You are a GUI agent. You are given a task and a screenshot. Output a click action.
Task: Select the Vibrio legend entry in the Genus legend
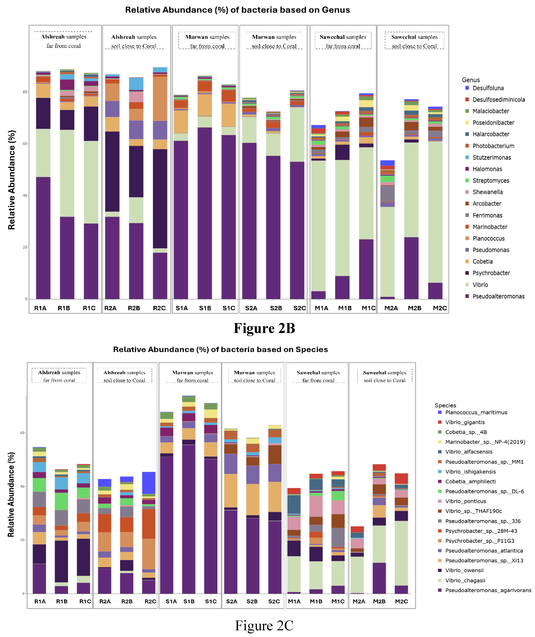(480, 285)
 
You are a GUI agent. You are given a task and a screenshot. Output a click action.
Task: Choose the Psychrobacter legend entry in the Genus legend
(491, 273)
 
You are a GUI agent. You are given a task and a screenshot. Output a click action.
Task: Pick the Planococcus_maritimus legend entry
(476, 413)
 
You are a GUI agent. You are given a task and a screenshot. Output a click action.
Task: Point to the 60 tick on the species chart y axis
(22, 433)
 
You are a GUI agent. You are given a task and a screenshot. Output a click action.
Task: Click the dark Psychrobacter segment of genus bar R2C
(160, 199)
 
